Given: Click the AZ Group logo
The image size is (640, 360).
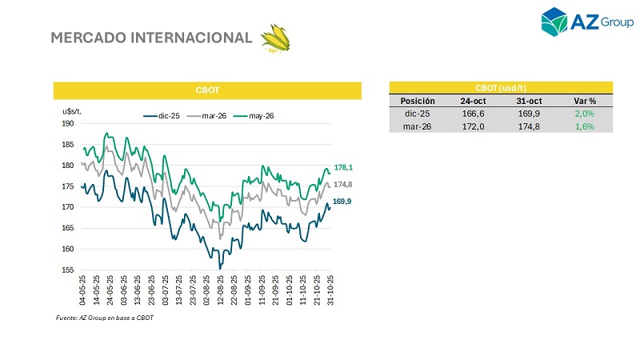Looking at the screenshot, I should point(587,22).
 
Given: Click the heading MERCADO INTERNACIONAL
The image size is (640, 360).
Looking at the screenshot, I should point(151,38).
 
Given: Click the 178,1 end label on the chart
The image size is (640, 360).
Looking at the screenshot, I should point(343,168).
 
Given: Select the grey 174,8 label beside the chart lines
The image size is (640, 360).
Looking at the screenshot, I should point(343,185).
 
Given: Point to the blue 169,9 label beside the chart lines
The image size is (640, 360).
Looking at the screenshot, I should point(343,202).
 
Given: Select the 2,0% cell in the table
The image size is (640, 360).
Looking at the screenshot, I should point(584,114).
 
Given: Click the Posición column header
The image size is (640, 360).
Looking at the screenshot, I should point(417,101).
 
